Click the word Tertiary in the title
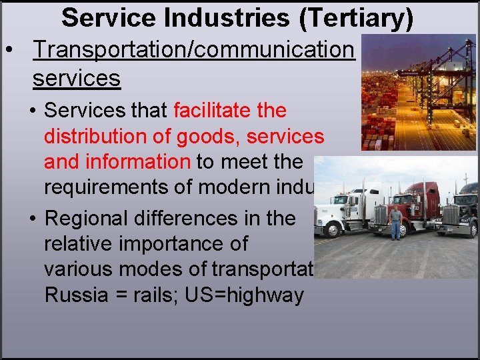pos(357,18)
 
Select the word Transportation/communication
pos(193,49)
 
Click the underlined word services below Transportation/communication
pos(76,79)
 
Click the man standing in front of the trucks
pos(396,223)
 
